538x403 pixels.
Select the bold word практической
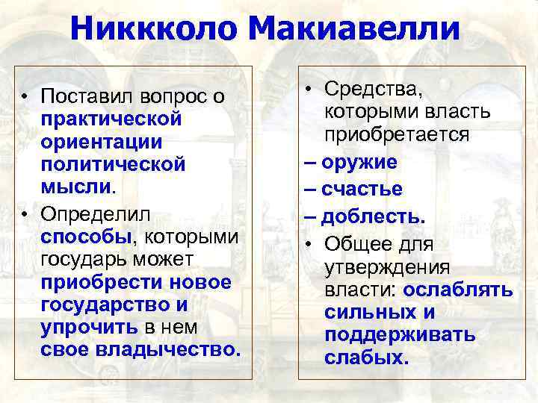pyautogui.click(x=112, y=119)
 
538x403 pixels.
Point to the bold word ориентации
pyautogui.click(x=102, y=141)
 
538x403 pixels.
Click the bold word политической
pyautogui.click(x=112, y=163)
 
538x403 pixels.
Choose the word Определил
pyautogui.click(x=96, y=214)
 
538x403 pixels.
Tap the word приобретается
pyautogui.click(x=397, y=135)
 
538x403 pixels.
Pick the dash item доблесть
pyautogui.click(x=373, y=216)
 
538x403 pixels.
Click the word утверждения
pyautogui.click(x=387, y=267)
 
